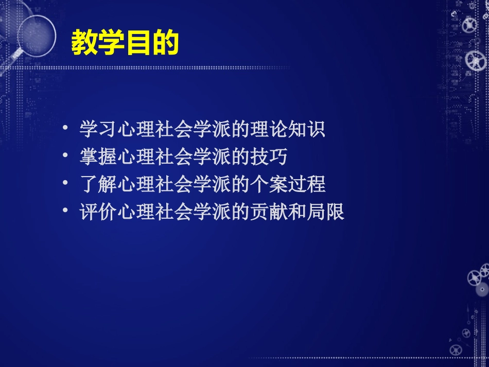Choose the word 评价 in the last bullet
98,212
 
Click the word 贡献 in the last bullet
269,212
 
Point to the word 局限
325,212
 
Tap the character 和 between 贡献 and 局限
297,212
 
